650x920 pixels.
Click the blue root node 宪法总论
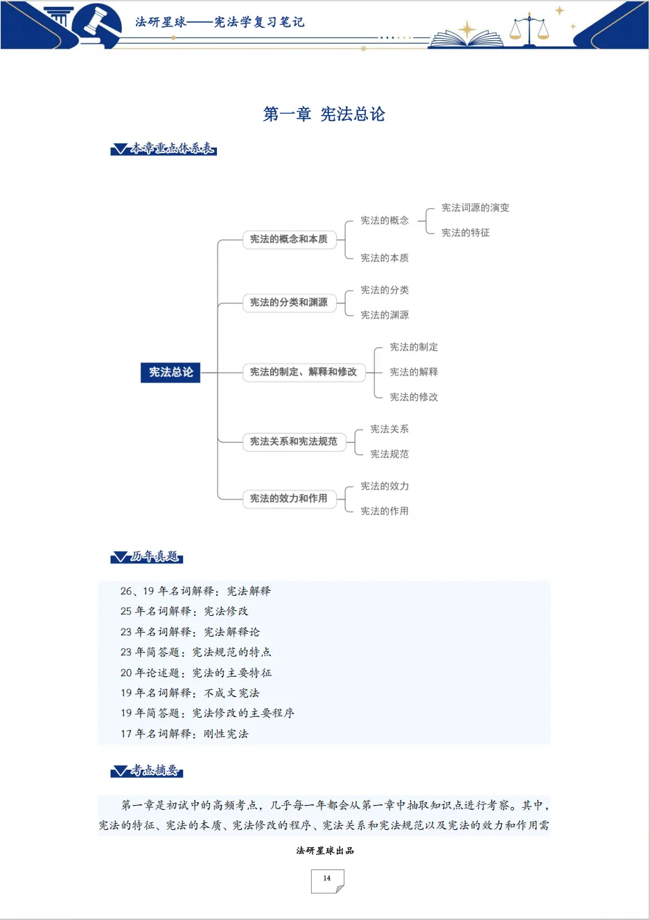[170, 372]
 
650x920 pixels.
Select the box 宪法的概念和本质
[289, 240]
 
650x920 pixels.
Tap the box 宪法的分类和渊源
[289, 303]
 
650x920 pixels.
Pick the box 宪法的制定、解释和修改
[304, 373]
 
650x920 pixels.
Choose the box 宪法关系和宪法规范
[295, 442]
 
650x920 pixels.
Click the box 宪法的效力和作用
[289, 499]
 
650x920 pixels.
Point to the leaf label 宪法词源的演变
[475, 208]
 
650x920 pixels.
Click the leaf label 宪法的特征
[466, 233]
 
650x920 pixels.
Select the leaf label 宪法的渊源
[385, 315]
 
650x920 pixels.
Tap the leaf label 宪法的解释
[414, 372]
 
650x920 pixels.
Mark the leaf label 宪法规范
[389, 454]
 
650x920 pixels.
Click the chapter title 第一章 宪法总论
[324, 114]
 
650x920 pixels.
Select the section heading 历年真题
[147, 556]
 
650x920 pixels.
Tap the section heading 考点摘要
[147, 770]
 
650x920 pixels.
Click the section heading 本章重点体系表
[164, 148]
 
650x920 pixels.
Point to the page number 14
[327, 878]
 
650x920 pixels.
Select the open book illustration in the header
[466, 39]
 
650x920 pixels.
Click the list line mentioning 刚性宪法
[184, 734]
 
